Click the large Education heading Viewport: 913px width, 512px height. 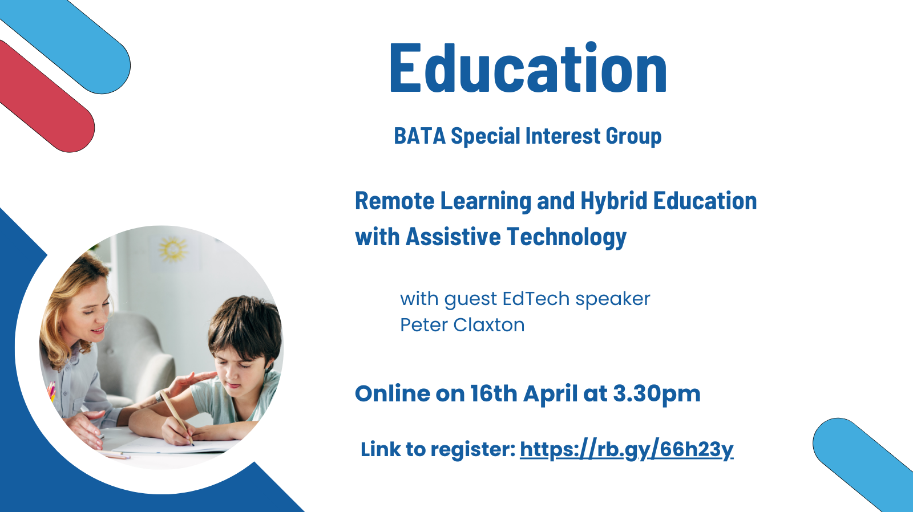(x=528, y=68)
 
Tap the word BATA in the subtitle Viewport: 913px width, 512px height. (x=419, y=136)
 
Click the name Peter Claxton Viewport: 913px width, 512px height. (x=462, y=325)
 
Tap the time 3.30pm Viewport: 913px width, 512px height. (x=656, y=394)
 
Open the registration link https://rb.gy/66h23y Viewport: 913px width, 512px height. (x=627, y=450)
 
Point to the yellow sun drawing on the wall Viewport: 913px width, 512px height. (x=173, y=249)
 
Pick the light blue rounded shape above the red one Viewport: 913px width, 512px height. (x=74, y=43)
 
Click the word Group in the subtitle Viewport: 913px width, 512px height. (x=633, y=136)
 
